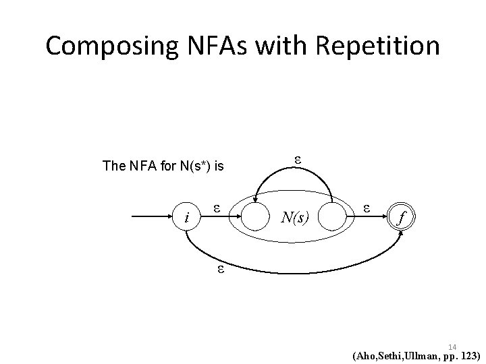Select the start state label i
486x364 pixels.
187,218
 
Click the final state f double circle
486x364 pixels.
402,218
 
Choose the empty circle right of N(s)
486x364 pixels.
333,218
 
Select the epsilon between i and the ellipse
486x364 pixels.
217,208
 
